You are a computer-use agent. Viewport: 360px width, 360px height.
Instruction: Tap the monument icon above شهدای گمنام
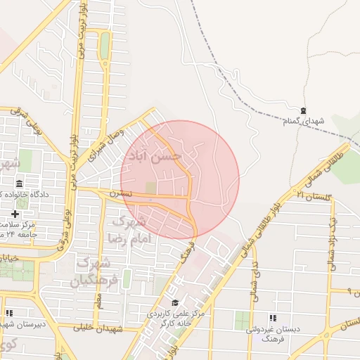(303, 110)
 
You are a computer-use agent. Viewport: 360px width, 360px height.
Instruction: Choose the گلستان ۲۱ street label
(313, 193)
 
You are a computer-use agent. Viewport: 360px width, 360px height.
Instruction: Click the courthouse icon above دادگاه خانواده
(19, 183)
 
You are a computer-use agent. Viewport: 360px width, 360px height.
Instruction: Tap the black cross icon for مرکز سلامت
(15, 213)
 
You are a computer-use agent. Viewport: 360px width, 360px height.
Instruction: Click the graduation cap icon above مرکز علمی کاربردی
(175, 302)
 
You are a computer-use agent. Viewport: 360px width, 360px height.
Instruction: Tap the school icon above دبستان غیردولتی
(272, 318)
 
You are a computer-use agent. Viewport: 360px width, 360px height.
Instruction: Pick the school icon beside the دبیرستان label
(8, 313)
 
